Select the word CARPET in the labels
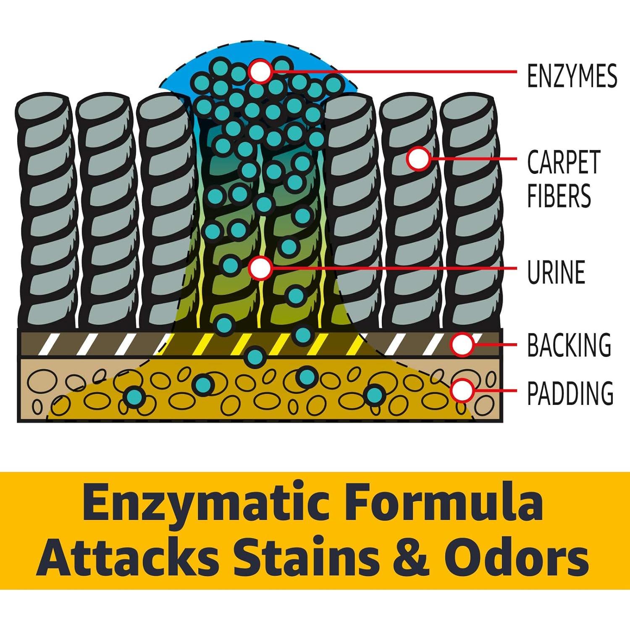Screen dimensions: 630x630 (564, 162)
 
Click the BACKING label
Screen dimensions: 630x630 (569, 345)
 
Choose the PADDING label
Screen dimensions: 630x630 (570, 393)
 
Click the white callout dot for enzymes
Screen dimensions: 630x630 (260, 71)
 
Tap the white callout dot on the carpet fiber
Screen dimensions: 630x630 (418, 159)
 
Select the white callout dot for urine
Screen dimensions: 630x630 (260, 268)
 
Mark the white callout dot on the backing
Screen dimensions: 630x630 (462, 345)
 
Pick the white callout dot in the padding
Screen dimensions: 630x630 (462, 390)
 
